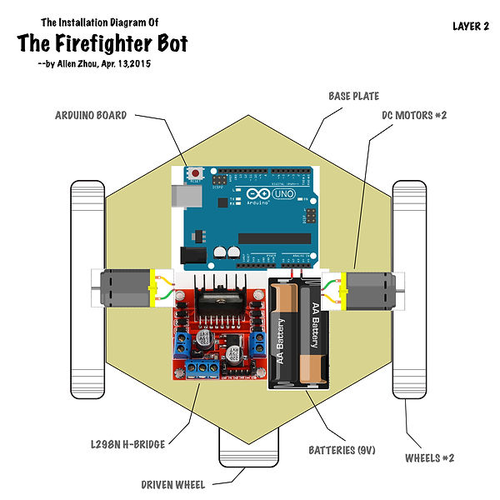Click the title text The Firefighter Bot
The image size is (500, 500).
coord(102,43)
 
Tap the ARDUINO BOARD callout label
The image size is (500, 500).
coord(91,115)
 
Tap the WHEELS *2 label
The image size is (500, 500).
coord(429,457)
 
